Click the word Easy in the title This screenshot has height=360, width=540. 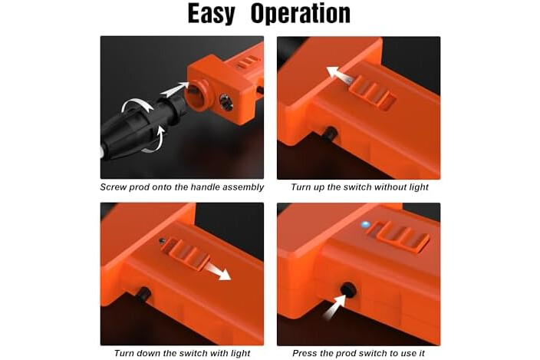[x=211, y=14]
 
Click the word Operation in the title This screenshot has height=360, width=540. [x=301, y=14]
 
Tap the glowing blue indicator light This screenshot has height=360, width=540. [x=365, y=225]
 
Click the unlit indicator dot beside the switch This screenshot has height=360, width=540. [x=162, y=241]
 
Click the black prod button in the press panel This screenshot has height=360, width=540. [x=348, y=289]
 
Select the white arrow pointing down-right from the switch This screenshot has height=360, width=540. [x=218, y=270]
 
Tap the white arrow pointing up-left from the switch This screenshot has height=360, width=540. [x=339, y=74]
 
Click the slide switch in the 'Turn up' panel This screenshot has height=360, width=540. [x=372, y=92]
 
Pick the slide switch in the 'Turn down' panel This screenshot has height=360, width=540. [x=186, y=254]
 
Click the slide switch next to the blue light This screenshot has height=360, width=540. [x=400, y=236]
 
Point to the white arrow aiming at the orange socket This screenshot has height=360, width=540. [x=175, y=90]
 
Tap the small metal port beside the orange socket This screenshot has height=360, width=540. [x=226, y=102]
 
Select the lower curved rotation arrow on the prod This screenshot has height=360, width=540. [x=154, y=140]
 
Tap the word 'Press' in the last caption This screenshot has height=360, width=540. [x=305, y=353]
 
